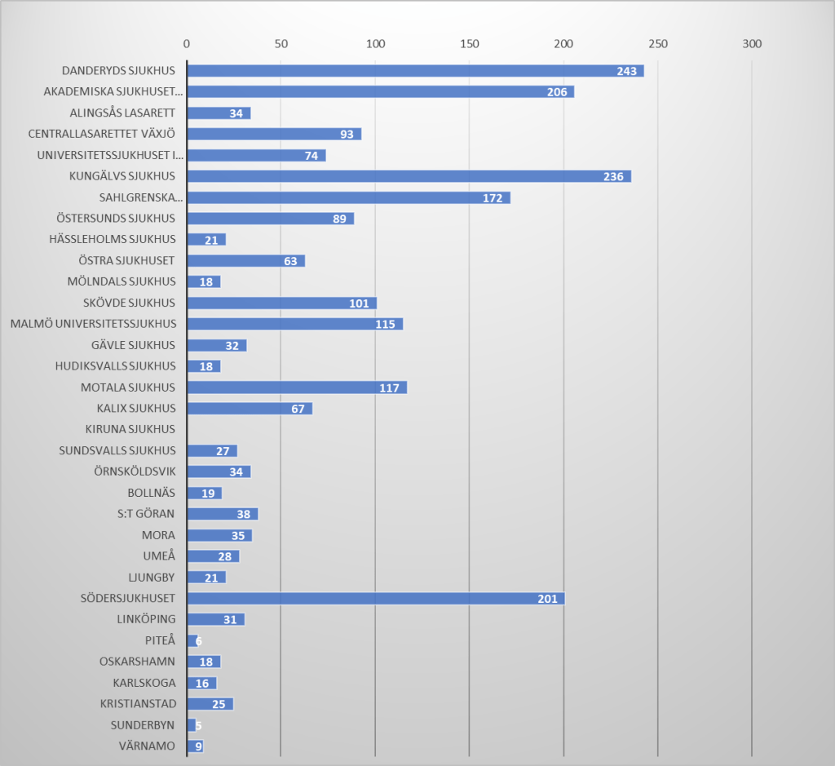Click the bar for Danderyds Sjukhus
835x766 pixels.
415,71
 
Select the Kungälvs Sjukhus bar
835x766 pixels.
409,176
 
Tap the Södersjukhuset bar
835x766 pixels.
375,599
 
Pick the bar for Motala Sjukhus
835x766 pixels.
297,387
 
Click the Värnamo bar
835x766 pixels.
195,746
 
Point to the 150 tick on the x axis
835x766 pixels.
469,43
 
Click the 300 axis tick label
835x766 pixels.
751,43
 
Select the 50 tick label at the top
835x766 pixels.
281,43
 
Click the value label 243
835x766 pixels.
626,71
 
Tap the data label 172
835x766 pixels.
492,198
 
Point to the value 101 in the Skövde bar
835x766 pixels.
360,303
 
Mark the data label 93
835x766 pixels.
347,135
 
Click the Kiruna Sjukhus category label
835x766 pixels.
130,429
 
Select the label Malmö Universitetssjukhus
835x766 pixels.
93,324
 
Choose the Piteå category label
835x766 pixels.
160,640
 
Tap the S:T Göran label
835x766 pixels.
146,514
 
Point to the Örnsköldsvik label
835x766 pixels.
135,472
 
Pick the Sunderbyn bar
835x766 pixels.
192,725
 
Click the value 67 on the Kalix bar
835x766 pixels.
298,409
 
